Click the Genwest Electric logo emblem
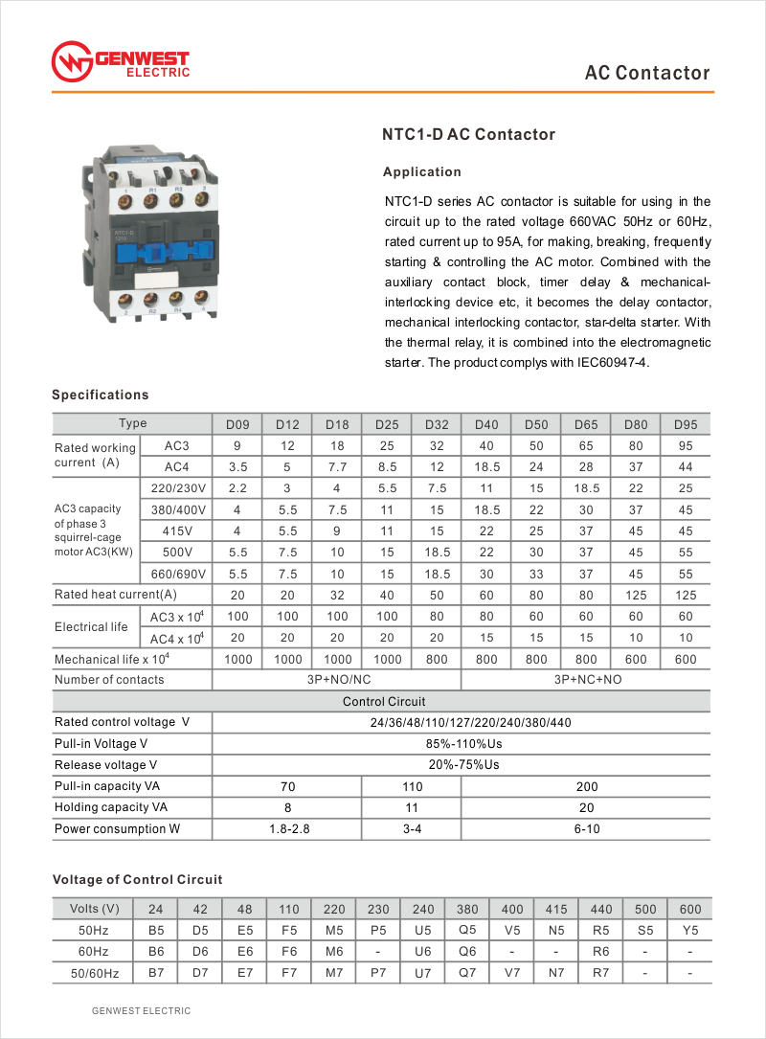click(71, 61)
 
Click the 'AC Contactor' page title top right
click(647, 74)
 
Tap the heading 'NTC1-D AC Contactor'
click(469, 135)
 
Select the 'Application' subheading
click(421, 172)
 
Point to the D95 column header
click(686, 424)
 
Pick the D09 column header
click(237, 424)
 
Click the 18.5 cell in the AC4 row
click(486, 467)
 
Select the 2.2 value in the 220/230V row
click(237, 488)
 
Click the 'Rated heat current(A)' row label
click(116, 595)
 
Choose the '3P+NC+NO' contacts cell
click(586, 680)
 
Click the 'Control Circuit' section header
click(384, 701)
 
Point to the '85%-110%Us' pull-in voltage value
click(462, 744)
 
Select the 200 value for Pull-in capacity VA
click(586, 786)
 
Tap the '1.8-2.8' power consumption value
click(287, 828)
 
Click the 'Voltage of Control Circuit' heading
click(137, 879)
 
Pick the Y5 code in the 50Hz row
click(689, 930)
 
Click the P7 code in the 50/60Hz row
click(378, 973)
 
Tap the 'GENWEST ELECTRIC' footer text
click(141, 1011)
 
